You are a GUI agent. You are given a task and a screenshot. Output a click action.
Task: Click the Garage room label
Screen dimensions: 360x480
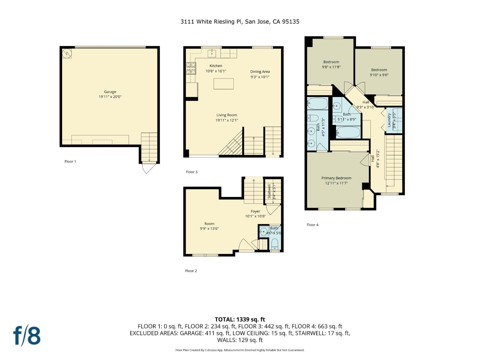pos(110,92)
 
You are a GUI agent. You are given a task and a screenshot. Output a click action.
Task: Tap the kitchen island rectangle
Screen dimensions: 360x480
pos(223,84)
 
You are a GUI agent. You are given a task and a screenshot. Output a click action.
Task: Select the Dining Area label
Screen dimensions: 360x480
pos(260,72)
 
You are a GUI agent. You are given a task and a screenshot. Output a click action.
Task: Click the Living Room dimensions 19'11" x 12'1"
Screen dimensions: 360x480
pos(227,120)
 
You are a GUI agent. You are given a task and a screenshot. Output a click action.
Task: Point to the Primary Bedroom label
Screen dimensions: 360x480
pos(336,178)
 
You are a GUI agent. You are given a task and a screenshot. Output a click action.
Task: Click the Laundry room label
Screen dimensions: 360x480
pos(389,120)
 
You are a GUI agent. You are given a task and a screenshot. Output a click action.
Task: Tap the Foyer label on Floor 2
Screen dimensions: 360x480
pos(255,211)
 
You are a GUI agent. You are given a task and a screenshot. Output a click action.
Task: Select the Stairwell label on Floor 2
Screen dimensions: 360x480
pos(269,191)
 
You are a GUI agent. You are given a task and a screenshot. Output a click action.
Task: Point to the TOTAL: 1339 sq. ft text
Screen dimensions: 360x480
pos(240,319)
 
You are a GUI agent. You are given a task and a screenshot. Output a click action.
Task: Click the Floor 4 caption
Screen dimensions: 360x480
pos(312,225)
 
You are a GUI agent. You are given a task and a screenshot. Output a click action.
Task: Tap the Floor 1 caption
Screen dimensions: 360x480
pos(70,161)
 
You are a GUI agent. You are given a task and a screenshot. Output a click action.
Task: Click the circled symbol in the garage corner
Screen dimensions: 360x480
pos(67,53)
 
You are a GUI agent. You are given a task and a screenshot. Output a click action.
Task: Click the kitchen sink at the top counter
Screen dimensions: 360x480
pos(212,53)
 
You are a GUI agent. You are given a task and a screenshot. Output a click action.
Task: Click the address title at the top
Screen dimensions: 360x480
pos(240,22)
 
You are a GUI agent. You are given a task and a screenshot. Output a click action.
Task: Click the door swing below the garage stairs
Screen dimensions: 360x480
pos(148,168)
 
